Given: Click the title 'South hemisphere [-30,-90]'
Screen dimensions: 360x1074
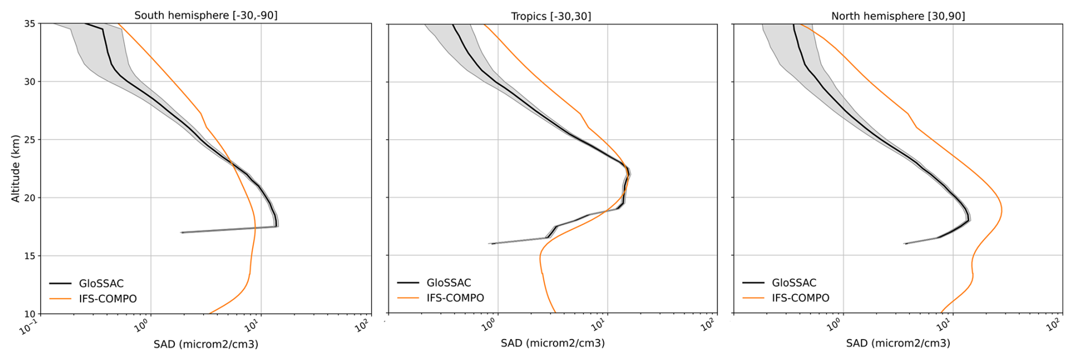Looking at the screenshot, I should (205, 15).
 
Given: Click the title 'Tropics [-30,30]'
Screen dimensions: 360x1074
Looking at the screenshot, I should (551, 16).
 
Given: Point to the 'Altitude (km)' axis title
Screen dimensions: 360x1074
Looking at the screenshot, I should (15, 168).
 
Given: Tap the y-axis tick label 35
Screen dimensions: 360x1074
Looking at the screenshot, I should (30, 24).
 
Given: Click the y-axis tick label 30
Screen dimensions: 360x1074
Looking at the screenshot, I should (30, 82).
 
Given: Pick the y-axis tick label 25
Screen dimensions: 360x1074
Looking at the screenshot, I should (30, 140).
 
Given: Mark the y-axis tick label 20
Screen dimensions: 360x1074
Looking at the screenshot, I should (30, 198).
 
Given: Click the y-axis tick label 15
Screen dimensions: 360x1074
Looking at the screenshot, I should (30, 256).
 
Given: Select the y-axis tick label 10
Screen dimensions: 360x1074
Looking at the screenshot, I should (30, 313).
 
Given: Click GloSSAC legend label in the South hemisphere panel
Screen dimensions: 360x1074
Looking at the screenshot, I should (101, 283).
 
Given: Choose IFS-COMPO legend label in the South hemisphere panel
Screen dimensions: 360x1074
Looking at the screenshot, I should (108, 299).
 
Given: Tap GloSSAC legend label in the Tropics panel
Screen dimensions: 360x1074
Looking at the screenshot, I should (448, 282).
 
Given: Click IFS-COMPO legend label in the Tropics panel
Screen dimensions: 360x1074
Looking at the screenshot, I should (455, 298).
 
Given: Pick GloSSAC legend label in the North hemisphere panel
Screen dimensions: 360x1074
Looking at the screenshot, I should (794, 282).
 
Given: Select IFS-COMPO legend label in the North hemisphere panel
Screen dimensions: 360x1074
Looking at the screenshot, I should (800, 298).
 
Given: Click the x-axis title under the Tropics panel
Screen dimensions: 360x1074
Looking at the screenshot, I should (552, 343).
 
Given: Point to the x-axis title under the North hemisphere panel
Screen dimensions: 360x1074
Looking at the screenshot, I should (897, 343).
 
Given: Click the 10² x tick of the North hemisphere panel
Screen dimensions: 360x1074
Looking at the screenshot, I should (1053, 325).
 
